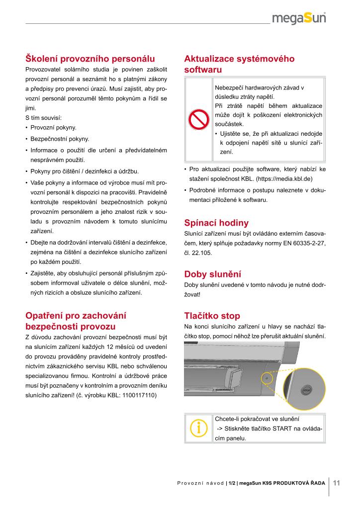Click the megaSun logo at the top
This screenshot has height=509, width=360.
coord(299,19)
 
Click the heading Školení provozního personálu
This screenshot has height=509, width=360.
coord(90,59)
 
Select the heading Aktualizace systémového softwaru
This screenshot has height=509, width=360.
coord(239,64)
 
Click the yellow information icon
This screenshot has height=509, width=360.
coord(198,427)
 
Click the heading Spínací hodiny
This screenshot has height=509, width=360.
coord(216,223)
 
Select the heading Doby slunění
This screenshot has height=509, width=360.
coord(212,274)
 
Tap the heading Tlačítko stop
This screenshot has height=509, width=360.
coord(212,316)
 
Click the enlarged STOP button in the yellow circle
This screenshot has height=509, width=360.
coord(306,390)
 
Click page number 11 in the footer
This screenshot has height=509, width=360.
coord(336,482)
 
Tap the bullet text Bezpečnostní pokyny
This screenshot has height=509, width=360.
coord(60,139)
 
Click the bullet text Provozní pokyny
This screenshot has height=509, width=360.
coord(53,128)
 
